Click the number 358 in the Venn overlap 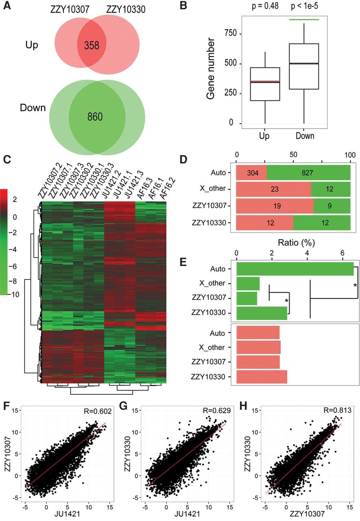(92, 45)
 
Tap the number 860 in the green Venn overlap (95, 116)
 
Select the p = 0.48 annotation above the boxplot (265, 6)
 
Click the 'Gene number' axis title (211, 69)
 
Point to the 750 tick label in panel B (230, 33)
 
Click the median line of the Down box (304, 63)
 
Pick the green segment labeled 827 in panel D (308, 173)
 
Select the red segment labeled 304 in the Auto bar (251, 173)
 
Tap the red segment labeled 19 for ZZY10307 (275, 206)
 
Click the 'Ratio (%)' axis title (296, 243)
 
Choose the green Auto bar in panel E (295, 269)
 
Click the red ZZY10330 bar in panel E (262, 377)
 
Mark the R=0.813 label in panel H (338, 410)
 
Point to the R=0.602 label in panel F (98, 411)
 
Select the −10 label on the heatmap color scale (14, 295)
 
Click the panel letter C (7, 160)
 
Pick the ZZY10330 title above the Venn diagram (126, 9)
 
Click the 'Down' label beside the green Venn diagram (33, 108)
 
